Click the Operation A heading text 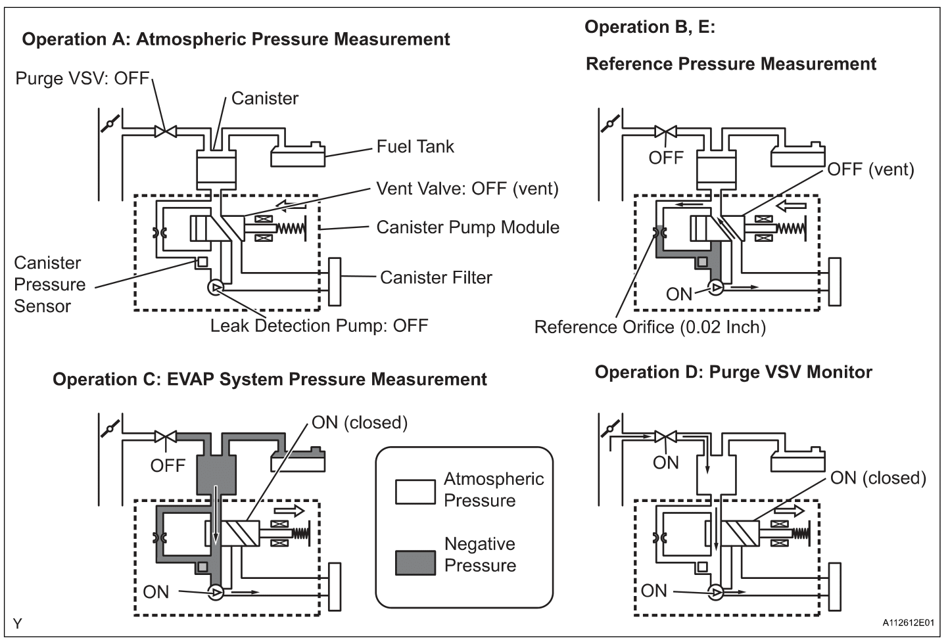236,39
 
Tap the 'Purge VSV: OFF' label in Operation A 83,79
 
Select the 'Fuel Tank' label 415,147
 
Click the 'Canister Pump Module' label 467,227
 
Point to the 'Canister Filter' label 436,277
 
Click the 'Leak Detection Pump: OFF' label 319,325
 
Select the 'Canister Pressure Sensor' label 49,285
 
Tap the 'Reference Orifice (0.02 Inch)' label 650,327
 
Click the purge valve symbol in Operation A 164,131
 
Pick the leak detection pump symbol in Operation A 215,288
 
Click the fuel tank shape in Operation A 297,156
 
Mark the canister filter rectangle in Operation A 335,281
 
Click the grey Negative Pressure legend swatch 415,563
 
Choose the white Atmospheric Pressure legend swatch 415,492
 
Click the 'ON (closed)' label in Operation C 359,423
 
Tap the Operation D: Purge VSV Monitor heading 733,372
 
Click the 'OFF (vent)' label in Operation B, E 870,170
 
